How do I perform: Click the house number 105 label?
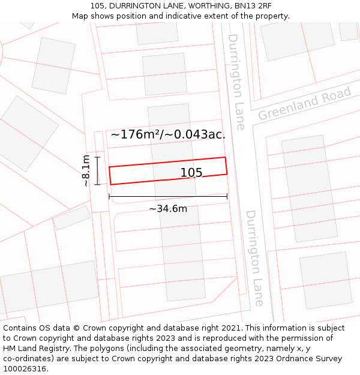[191, 173]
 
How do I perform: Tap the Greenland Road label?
[304, 104]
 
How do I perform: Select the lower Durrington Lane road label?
[254, 258]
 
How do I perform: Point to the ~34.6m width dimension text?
[168, 209]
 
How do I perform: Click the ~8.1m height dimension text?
[86, 170]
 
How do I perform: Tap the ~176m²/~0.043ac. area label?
[168, 134]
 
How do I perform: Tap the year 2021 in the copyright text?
[230, 328]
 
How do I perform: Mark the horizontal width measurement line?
[168, 196]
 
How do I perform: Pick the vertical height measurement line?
[97, 170]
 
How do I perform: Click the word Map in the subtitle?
[80, 16]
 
